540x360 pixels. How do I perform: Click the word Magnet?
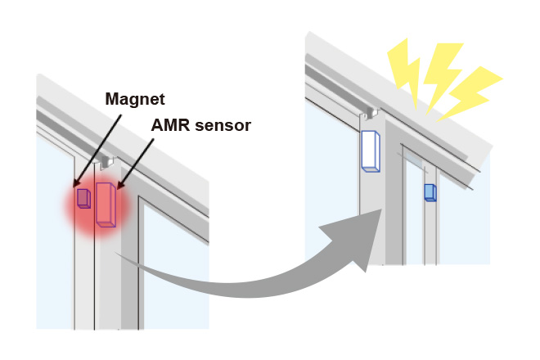pos(135,99)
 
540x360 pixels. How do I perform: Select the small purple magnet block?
pos(83,198)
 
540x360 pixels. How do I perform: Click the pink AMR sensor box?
pos(105,205)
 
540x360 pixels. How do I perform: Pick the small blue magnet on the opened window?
pos(430,192)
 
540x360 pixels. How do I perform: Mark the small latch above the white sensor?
pos(369,113)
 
